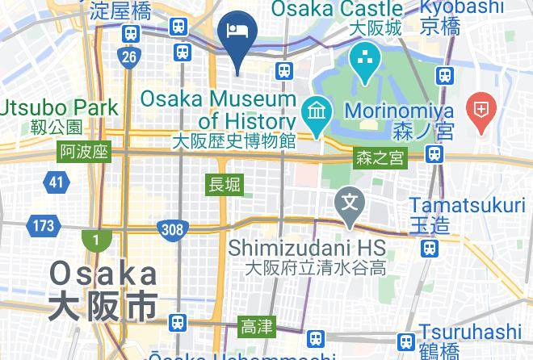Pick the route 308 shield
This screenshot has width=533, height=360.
tap(172, 230)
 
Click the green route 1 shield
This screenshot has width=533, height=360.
tap(96, 240)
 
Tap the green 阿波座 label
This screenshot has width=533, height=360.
tap(83, 152)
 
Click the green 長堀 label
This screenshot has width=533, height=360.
tap(225, 184)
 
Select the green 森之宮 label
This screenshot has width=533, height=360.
tap(380, 159)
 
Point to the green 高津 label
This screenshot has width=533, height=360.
tap(257, 326)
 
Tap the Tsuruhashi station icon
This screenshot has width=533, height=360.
tap(406, 341)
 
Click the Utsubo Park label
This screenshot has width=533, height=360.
tap(60, 107)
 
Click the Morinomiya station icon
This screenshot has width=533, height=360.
tap(435, 153)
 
